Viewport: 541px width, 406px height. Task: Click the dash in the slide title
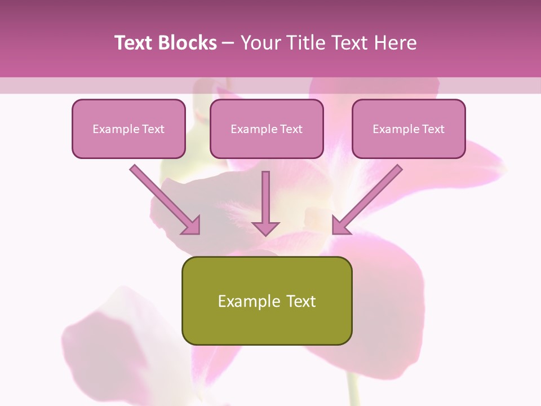point(228,43)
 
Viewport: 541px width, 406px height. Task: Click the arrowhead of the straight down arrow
point(265,228)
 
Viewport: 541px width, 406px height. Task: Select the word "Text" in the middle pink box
point(291,129)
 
